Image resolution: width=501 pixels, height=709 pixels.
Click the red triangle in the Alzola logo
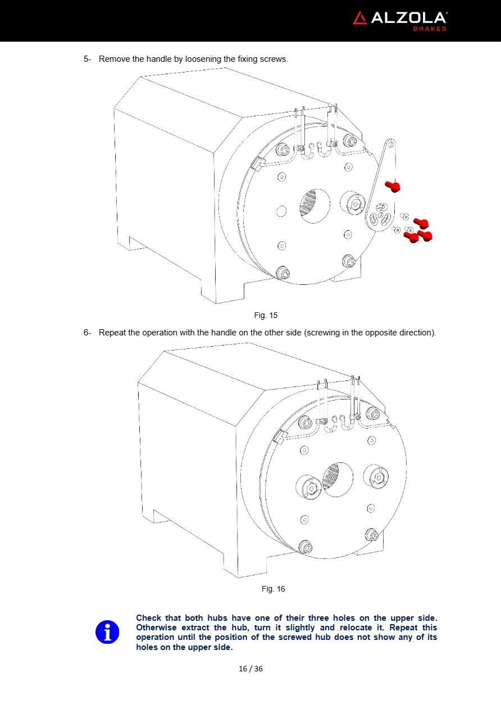[360, 19]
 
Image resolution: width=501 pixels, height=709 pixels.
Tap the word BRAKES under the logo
[430, 29]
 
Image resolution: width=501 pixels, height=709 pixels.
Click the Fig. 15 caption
[266, 315]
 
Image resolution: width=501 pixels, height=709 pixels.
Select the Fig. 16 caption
[273, 589]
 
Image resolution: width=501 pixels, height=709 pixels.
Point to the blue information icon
[107, 632]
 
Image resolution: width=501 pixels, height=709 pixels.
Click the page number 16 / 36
[250, 669]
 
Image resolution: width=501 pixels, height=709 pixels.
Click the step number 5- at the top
[87, 59]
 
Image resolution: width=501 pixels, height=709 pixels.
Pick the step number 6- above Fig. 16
[87, 333]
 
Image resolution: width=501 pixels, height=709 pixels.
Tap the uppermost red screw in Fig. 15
[393, 186]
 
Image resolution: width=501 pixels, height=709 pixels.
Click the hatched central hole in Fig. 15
[315, 206]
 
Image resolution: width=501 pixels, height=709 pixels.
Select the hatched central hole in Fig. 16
[338, 480]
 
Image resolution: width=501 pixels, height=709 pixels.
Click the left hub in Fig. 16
[308, 487]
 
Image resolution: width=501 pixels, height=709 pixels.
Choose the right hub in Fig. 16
[376, 478]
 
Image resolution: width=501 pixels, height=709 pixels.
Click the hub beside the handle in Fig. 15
[353, 203]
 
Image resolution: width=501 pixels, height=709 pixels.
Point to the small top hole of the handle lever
[391, 145]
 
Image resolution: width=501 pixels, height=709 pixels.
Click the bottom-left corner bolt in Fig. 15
[283, 272]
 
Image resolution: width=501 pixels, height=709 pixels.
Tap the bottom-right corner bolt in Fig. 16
[373, 535]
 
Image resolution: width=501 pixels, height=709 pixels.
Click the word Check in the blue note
[149, 618]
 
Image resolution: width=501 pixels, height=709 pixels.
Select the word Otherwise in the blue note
[156, 628]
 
